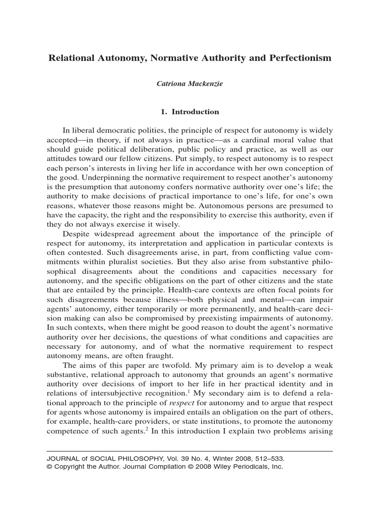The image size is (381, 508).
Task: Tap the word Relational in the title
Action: pos(72,58)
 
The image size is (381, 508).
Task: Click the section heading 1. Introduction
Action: pos(190,112)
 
